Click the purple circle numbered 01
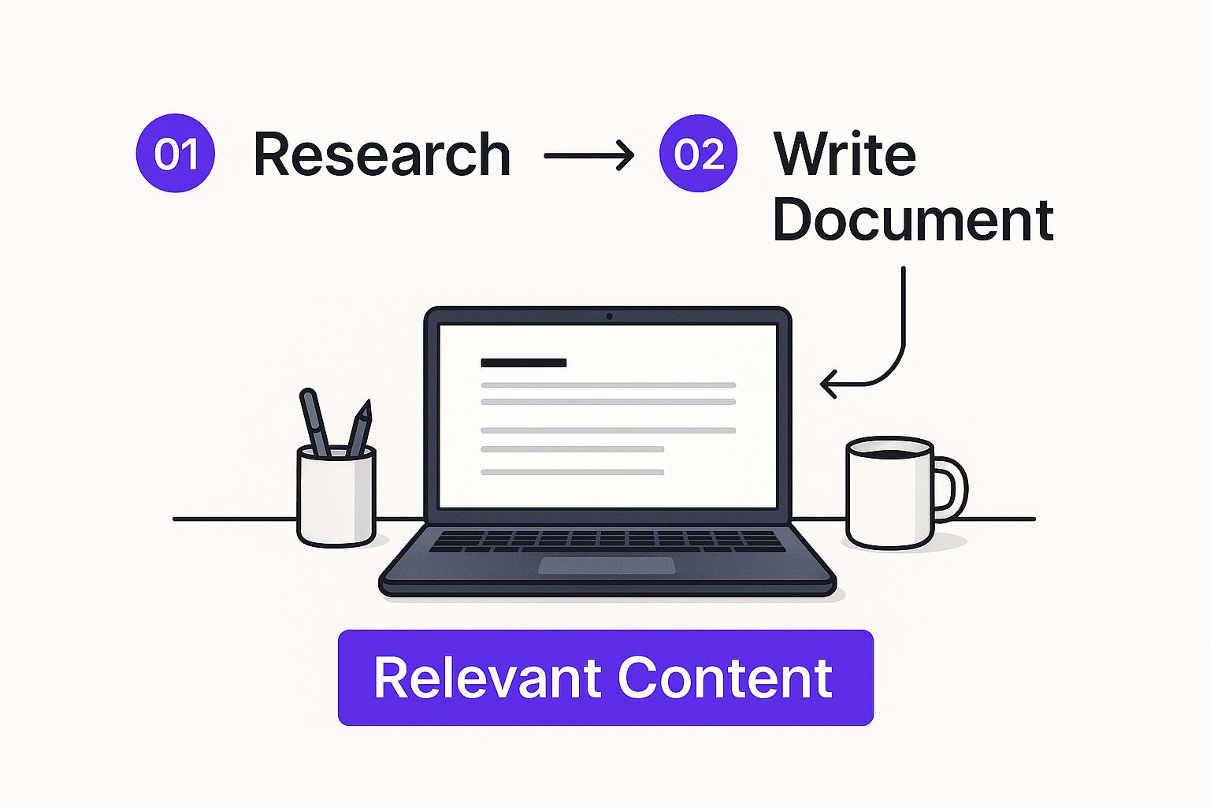pyautogui.click(x=176, y=153)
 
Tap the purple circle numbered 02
pyautogui.click(x=699, y=153)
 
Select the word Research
pyautogui.click(x=382, y=154)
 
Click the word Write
pyautogui.click(x=844, y=154)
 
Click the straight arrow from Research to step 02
pyautogui.click(x=588, y=156)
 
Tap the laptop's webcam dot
pyautogui.click(x=609, y=316)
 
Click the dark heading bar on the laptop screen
pyautogui.click(x=523, y=363)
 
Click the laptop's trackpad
pyautogui.click(x=607, y=565)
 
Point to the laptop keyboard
pyautogui.click(x=607, y=541)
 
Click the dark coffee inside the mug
pyautogui.click(x=889, y=453)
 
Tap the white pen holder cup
pyautogui.click(x=336, y=496)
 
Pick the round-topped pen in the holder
pyautogui.click(x=315, y=422)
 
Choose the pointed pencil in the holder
pyautogui.click(x=359, y=428)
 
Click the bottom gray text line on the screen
pyautogui.click(x=573, y=472)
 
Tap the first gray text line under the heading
pyautogui.click(x=608, y=385)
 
